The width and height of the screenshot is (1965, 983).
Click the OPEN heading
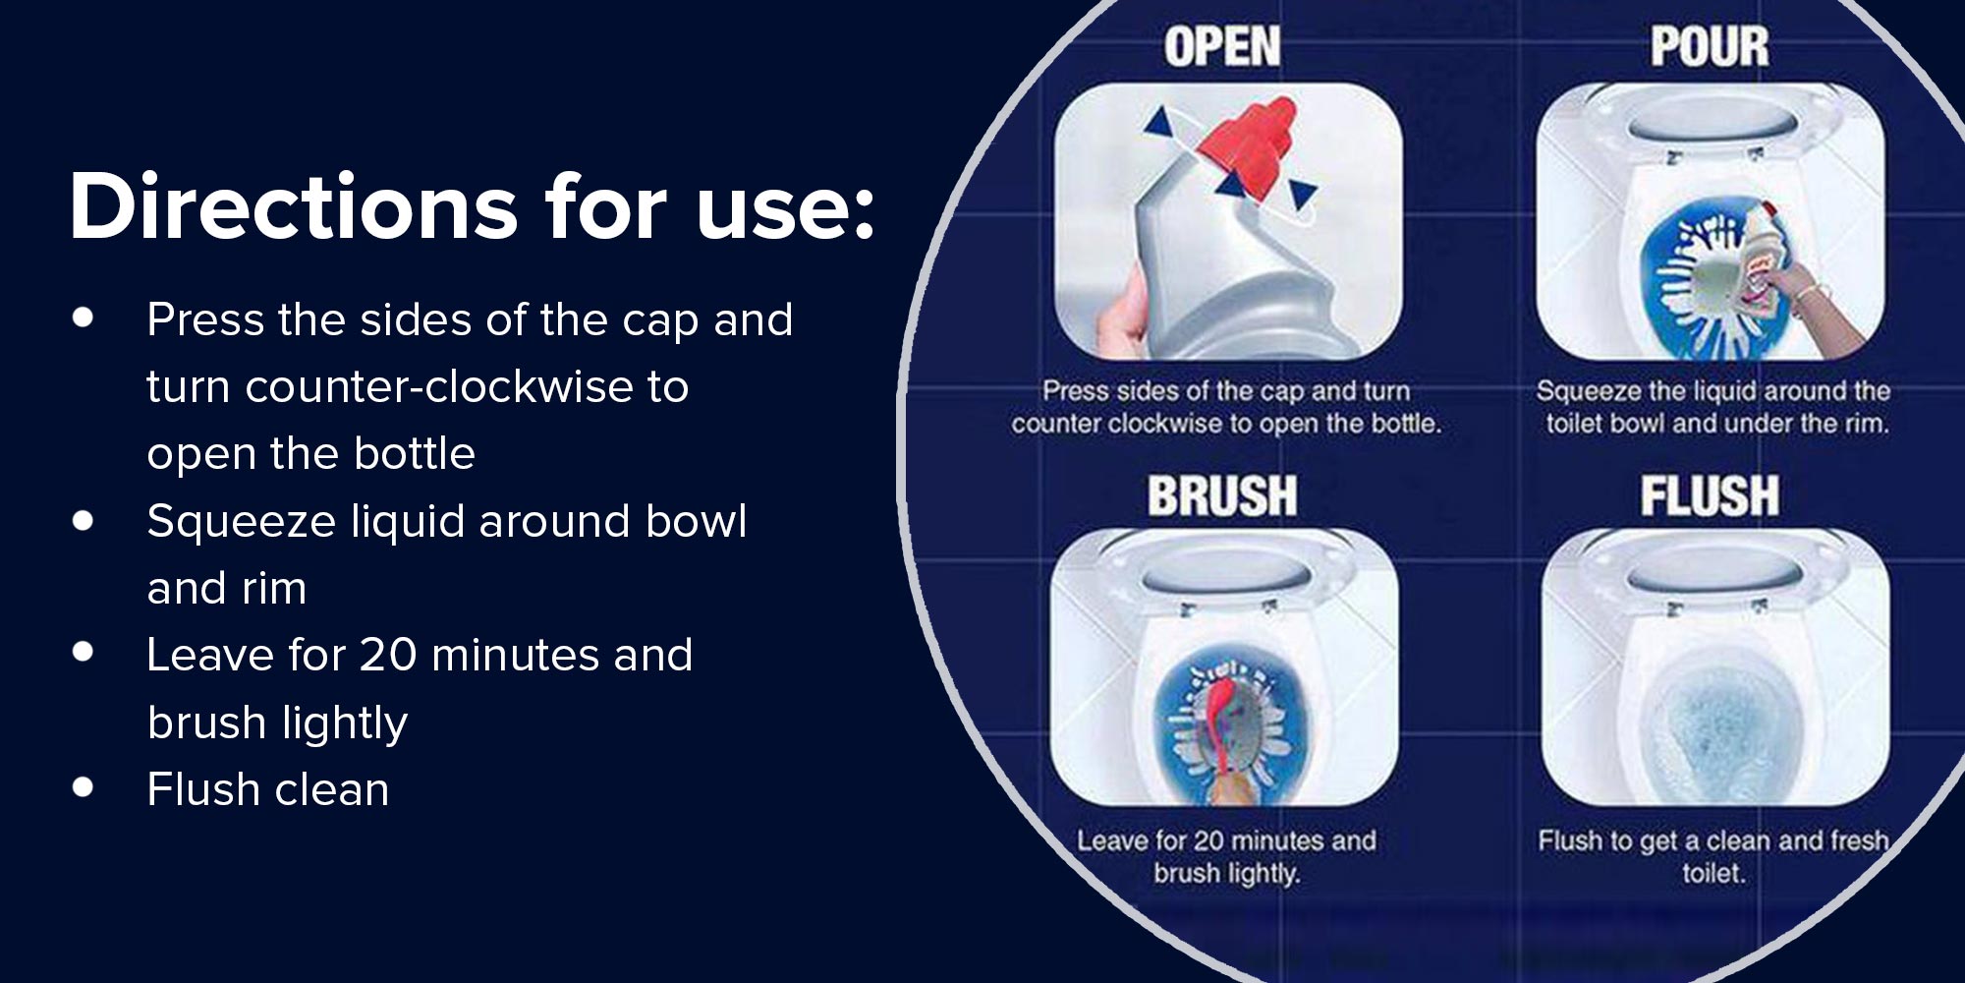(x=1222, y=47)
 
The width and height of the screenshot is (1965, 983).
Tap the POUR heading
(x=1710, y=47)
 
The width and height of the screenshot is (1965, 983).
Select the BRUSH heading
(x=1222, y=495)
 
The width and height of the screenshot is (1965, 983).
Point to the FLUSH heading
(x=1710, y=495)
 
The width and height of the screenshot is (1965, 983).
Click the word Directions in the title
(x=294, y=206)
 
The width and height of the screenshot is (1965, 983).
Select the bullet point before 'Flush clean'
(x=84, y=786)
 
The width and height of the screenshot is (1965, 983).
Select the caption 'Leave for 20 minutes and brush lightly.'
(x=1226, y=857)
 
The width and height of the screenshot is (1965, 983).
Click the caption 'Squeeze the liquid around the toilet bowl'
(x=1712, y=407)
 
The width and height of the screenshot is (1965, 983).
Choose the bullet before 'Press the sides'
(x=84, y=318)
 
